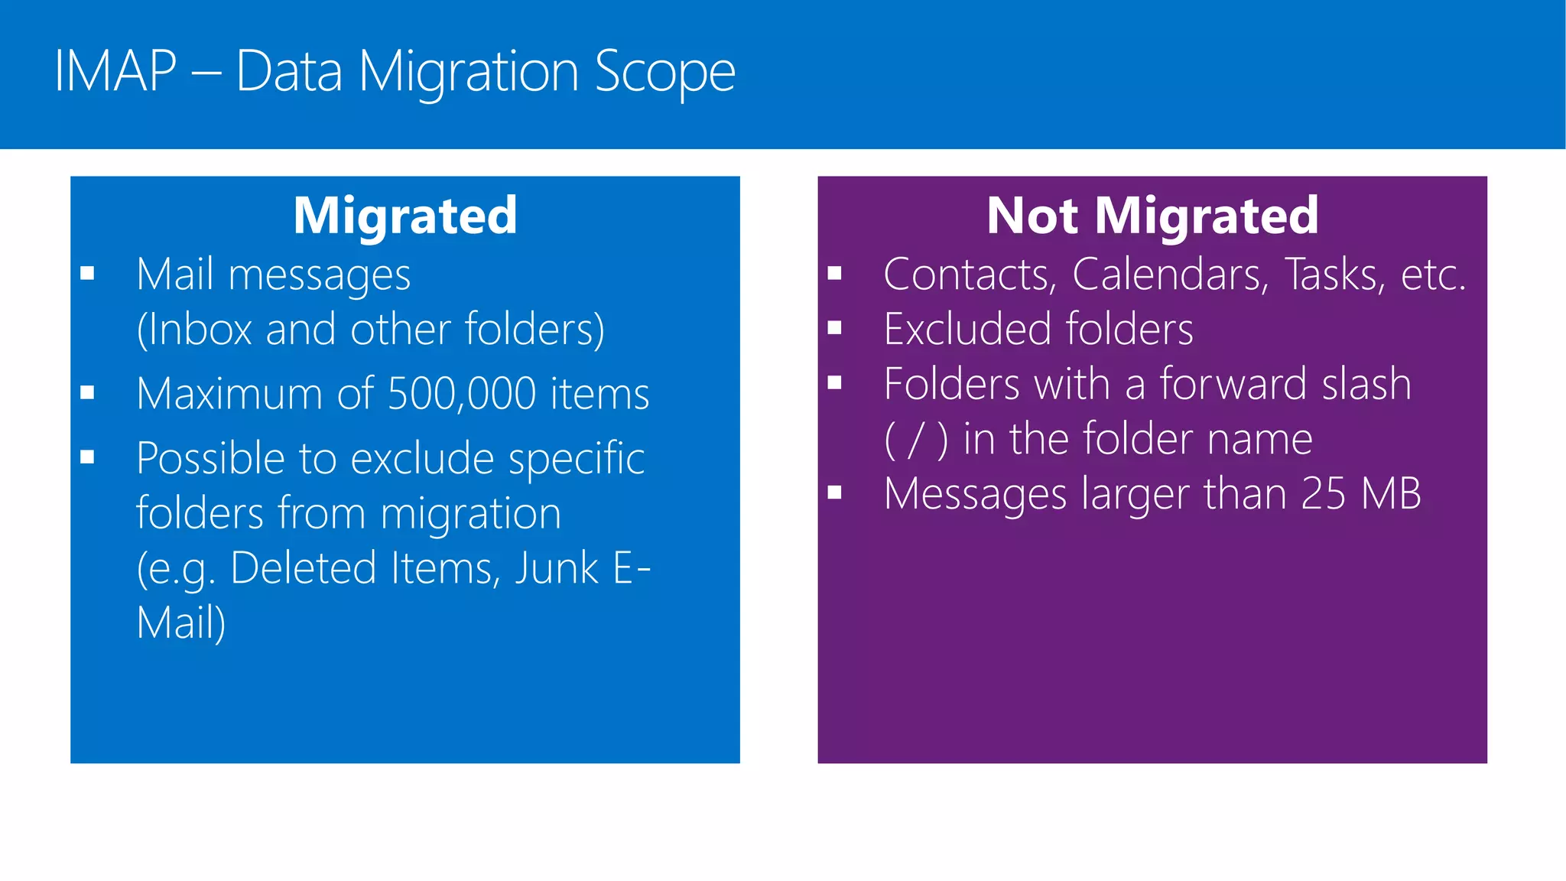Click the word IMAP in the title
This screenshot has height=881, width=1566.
(115, 72)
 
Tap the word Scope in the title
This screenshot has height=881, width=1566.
(664, 73)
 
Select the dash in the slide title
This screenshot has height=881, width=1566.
(206, 73)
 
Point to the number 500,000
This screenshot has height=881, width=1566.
(462, 394)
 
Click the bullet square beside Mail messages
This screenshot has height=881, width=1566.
(87, 273)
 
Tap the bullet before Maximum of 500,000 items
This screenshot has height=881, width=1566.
(87, 393)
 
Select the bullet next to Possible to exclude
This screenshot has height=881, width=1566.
(87, 457)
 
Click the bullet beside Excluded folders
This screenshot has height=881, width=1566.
(834, 328)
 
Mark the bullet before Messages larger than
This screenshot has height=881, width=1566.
(834, 493)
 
